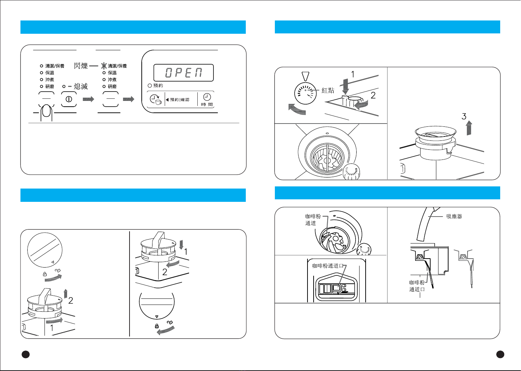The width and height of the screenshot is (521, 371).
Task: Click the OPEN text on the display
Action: [x=183, y=73]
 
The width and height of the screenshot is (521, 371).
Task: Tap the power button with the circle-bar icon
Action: [x=69, y=99]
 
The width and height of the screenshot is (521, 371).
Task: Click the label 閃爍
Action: [x=81, y=66]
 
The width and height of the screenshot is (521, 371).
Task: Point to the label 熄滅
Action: [x=81, y=86]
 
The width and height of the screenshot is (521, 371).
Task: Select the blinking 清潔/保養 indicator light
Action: [x=104, y=66]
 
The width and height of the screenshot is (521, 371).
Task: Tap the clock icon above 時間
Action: [x=207, y=97]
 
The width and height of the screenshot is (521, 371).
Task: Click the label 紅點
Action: [x=328, y=90]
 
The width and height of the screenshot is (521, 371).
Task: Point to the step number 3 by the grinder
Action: [x=464, y=116]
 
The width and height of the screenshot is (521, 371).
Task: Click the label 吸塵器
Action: [x=454, y=217]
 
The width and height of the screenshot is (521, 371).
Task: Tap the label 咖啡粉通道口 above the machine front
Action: [x=328, y=266]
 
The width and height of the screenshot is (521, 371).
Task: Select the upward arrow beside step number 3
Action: [x=469, y=128]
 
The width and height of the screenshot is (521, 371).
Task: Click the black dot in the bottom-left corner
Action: [x=25, y=354]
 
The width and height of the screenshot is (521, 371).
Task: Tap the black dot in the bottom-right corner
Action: [x=500, y=354]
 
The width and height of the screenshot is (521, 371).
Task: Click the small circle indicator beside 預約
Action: [x=150, y=85]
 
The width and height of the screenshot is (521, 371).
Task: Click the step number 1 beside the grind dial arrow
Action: [x=353, y=74]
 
